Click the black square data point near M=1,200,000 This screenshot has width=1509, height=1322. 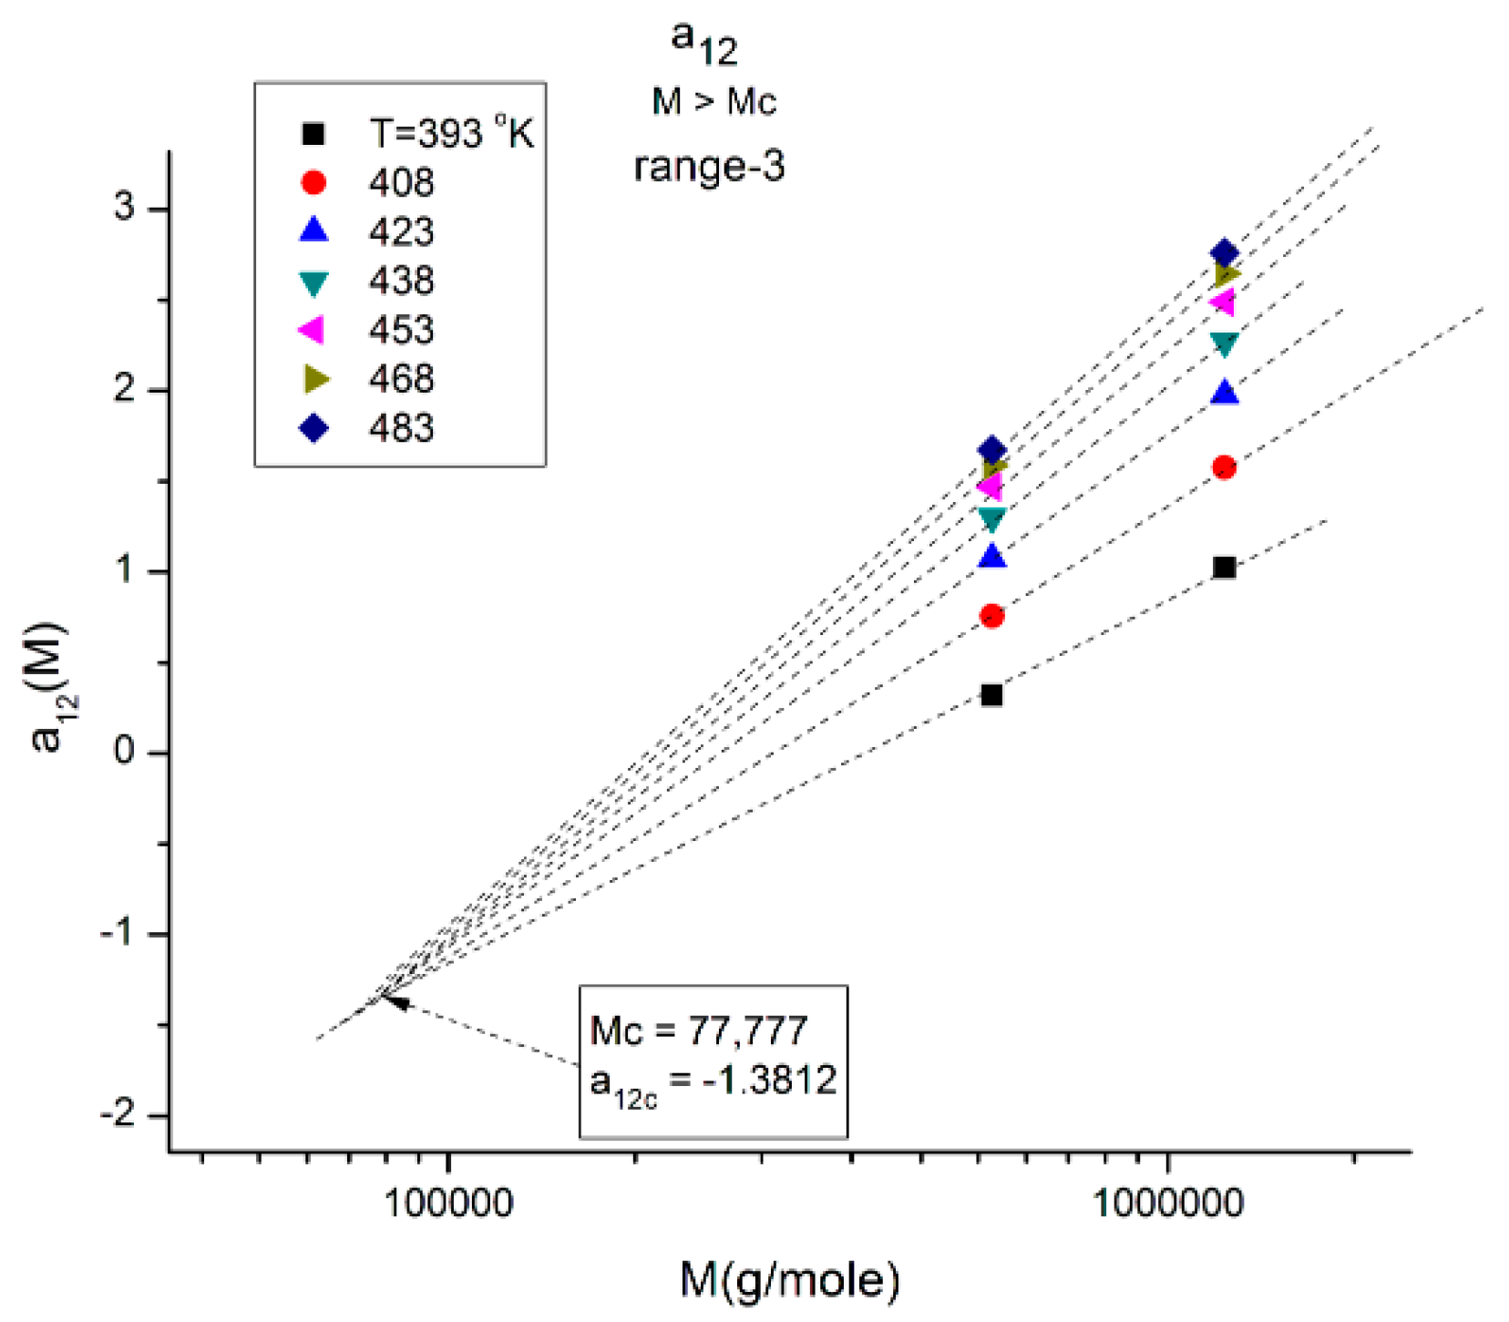[1224, 568]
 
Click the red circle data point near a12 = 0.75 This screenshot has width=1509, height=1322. [991, 617]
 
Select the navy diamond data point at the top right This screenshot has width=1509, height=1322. [1224, 253]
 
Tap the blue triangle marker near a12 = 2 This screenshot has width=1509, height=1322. [1225, 393]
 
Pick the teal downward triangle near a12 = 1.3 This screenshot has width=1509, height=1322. [991, 519]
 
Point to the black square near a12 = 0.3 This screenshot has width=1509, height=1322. [991, 695]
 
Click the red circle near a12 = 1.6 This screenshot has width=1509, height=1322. [1224, 467]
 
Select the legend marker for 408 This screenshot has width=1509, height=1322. [313, 183]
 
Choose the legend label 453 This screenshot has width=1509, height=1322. [401, 330]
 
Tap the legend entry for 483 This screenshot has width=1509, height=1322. [401, 428]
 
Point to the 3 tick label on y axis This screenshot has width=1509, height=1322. [124, 208]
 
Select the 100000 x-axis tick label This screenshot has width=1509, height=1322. [447, 1204]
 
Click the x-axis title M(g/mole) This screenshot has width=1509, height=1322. [789, 1280]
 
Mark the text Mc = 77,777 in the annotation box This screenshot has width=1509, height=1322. [698, 1031]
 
